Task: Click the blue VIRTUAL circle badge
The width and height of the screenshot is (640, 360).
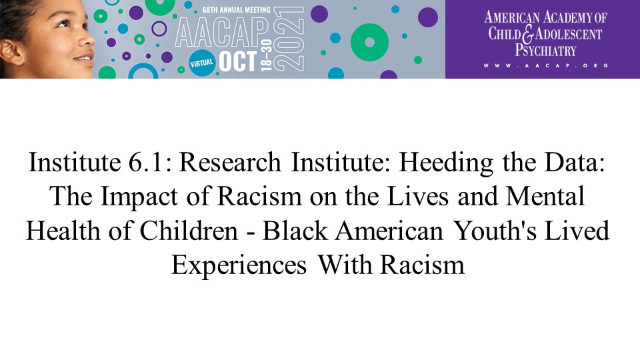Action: click(202, 63)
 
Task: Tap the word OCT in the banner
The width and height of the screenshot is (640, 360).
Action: click(238, 62)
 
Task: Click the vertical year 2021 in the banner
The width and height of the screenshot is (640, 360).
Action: click(289, 39)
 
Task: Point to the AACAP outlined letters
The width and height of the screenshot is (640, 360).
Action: click(222, 33)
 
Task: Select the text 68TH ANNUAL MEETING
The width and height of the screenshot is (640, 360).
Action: click(236, 9)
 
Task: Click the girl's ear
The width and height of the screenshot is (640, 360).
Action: click(11, 51)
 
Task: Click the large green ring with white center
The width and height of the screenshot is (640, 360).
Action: click(369, 43)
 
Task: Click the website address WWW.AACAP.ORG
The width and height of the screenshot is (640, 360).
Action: click(546, 65)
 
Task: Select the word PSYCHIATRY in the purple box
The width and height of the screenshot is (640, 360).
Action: click(545, 50)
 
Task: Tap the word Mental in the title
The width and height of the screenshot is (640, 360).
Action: click(545, 196)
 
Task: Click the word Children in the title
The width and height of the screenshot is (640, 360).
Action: click(189, 231)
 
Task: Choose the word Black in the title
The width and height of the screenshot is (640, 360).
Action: click(295, 231)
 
